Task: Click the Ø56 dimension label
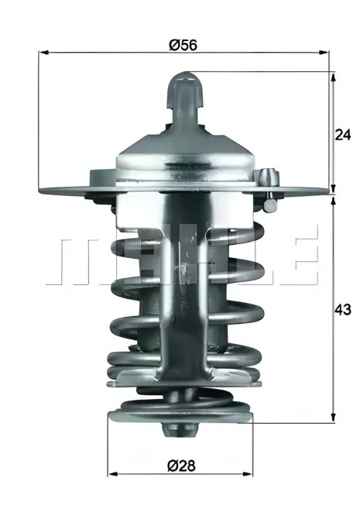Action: (183, 45)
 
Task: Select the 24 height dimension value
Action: (343, 133)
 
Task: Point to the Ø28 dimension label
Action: (181, 465)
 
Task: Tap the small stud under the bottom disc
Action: (181, 430)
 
